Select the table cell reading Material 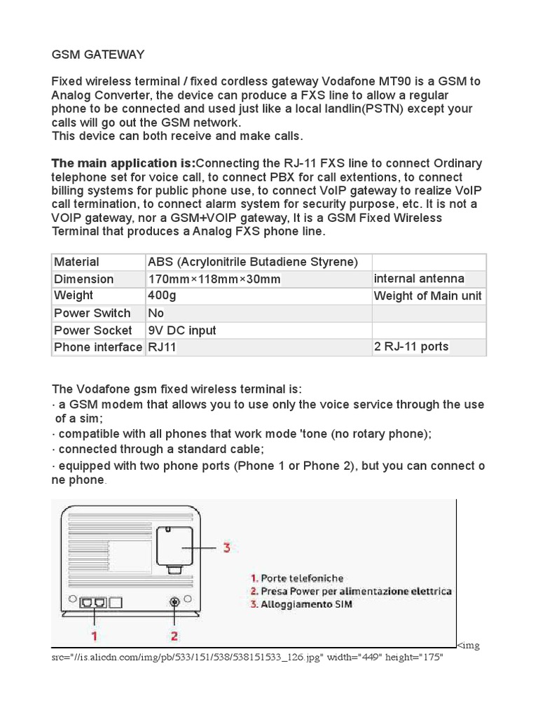pyautogui.click(x=77, y=262)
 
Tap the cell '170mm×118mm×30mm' pyautogui.click(x=214, y=279)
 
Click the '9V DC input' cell pyautogui.click(x=182, y=330)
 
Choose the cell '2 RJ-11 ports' pyautogui.click(x=411, y=347)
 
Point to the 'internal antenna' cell pyautogui.click(x=419, y=279)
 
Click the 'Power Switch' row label pyautogui.click(x=92, y=313)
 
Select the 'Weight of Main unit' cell pyautogui.click(x=427, y=295)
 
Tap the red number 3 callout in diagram pyautogui.click(x=226, y=547)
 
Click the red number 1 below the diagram pyautogui.click(x=93, y=635)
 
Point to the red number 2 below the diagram pyautogui.click(x=174, y=635)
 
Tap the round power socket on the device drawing pyautogui.click(x=174, y=602)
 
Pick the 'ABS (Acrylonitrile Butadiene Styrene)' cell pyautogui.click(x=253, y=262)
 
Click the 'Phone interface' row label pyautogui.click(x=98, y=347)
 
